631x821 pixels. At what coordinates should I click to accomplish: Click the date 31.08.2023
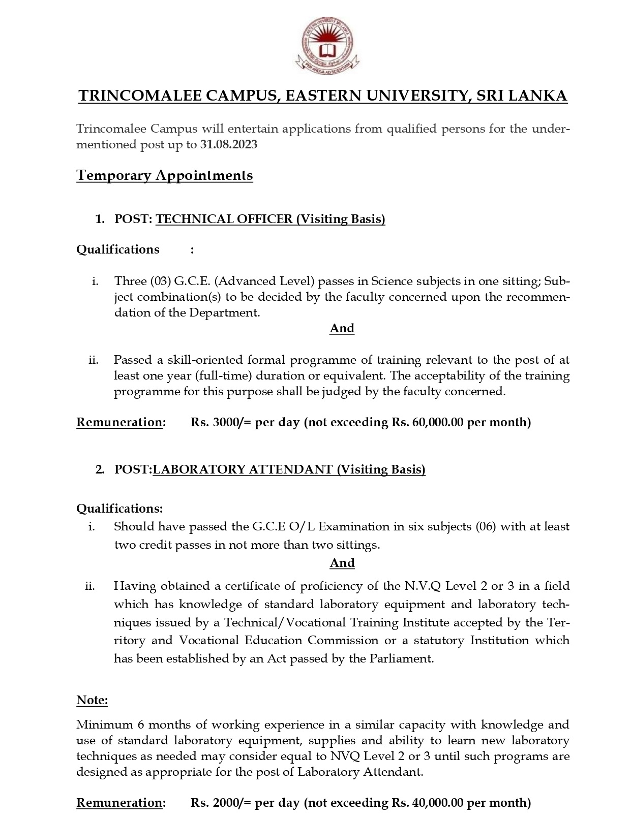point(229,145)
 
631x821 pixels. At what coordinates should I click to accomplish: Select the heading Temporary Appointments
point(164,175)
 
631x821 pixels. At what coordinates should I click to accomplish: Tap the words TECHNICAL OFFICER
point(224,219)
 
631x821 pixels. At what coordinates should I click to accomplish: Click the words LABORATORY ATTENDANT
point(243,469)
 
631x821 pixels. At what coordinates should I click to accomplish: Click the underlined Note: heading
point(92,700)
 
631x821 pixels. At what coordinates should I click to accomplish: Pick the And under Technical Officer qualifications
point(342,328)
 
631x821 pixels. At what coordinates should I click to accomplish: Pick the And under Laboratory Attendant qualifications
point(342,563)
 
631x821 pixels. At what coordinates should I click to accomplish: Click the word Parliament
point(407,659)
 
